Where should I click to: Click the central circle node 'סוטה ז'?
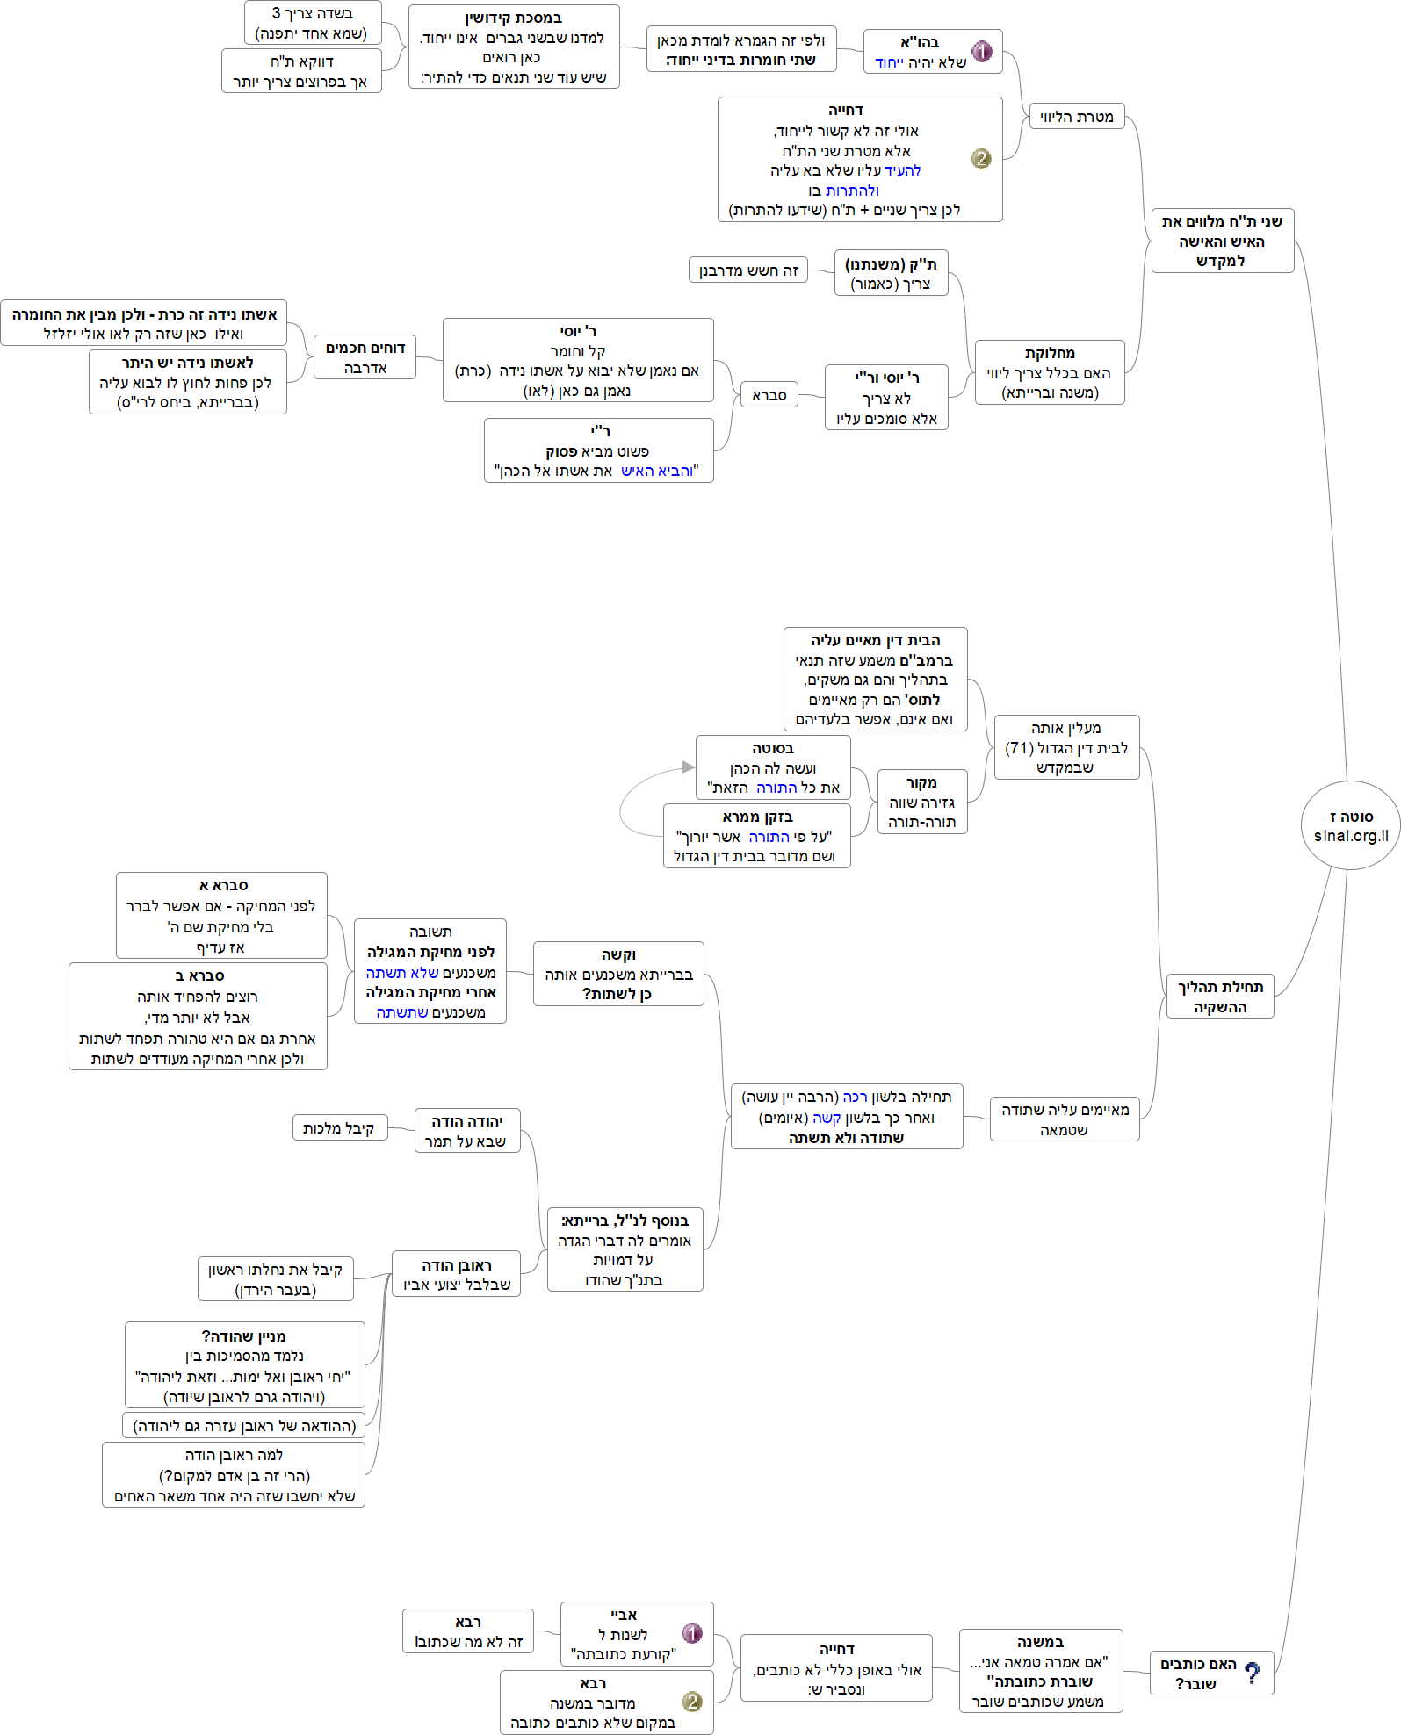[1350, 825]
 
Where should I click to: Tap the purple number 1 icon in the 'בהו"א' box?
[982, 51]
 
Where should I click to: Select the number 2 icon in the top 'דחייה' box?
[980, 158]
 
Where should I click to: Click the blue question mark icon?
[1253, 1673]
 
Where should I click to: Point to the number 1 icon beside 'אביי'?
[692, 1633]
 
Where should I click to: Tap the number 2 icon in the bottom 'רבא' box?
[692, 1702]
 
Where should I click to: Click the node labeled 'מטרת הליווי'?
[1076, 117]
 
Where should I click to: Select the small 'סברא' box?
[769, 395]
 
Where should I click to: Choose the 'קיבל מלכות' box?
[339, 1128]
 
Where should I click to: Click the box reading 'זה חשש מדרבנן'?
[748, 270]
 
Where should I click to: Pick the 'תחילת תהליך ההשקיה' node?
[1220, 997]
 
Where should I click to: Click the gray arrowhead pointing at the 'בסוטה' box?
[689, 767]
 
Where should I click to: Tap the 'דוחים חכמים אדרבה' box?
[365, 357]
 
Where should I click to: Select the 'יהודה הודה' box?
[466, 1131]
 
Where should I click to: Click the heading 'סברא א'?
[223, 885]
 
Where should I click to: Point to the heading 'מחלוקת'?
[1050, 353]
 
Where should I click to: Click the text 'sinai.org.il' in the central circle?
[1351, 836]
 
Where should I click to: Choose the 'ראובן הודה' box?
[457, 1274]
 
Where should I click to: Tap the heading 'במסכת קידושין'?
[514, 18]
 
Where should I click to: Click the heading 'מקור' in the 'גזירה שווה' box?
[921, 782]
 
